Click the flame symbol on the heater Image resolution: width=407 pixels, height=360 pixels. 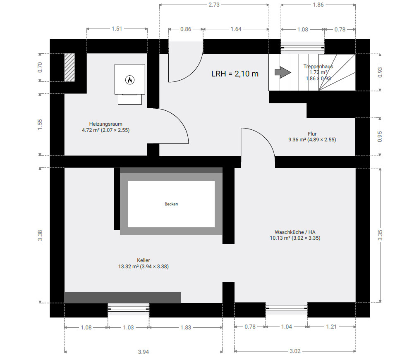[130, 80]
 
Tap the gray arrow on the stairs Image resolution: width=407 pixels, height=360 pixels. [283, 72]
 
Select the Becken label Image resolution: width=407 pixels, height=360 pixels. [171, 204]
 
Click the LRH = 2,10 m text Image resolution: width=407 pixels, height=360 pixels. [235, 74]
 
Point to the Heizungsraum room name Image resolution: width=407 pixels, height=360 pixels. [105, 124]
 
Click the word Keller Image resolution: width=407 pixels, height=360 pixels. [144, 260]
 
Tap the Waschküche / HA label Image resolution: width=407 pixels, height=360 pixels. [295, 232]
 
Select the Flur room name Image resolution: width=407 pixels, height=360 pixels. [312, 134]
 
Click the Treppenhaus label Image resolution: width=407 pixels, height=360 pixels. [318, 67]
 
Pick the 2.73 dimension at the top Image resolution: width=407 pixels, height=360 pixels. [214, 5]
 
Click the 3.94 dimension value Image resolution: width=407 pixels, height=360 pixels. [143, 352]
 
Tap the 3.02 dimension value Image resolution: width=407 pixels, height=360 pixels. [295, 351]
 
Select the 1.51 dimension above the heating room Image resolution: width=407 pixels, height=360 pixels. [117, 29]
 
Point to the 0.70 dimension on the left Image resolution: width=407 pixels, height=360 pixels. [40, 67]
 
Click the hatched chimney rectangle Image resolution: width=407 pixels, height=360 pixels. [69, 67]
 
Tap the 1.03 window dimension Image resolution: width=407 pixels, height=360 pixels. [128, 328]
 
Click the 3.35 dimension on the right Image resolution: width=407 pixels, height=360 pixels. [380, 235]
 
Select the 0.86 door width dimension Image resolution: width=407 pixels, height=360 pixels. [186, 29]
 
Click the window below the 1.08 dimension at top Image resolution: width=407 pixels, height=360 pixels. [303, 48]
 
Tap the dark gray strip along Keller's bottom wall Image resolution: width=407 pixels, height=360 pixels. [122, 298]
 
